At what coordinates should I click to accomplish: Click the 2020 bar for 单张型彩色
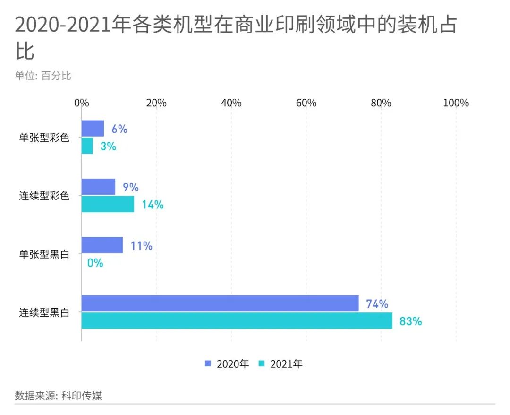point(93,129)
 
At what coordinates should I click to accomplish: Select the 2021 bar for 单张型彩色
point(87,146)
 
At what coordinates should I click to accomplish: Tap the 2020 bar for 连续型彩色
point(98,187)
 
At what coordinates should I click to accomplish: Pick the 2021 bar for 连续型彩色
point(108,204)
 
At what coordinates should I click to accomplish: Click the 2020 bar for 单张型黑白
point(102,245)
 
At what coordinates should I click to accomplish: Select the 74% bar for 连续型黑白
point(220,303)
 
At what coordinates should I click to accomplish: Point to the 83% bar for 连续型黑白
point(237,320)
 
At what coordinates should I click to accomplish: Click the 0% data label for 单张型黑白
point(95,263)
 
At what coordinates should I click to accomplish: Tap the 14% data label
point(153,205)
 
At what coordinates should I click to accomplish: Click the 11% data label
point(141,246)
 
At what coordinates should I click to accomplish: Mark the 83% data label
point(410,321)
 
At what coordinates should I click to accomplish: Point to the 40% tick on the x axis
point(231,103)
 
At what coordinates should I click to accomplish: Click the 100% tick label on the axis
point(456,103)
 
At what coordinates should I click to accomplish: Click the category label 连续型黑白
point(44,312)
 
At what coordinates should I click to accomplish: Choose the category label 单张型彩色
point(44,138)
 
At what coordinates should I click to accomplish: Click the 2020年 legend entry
point(227,364)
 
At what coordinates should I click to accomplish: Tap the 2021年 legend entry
point(281,364)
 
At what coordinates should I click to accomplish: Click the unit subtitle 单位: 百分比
point(43,76)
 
